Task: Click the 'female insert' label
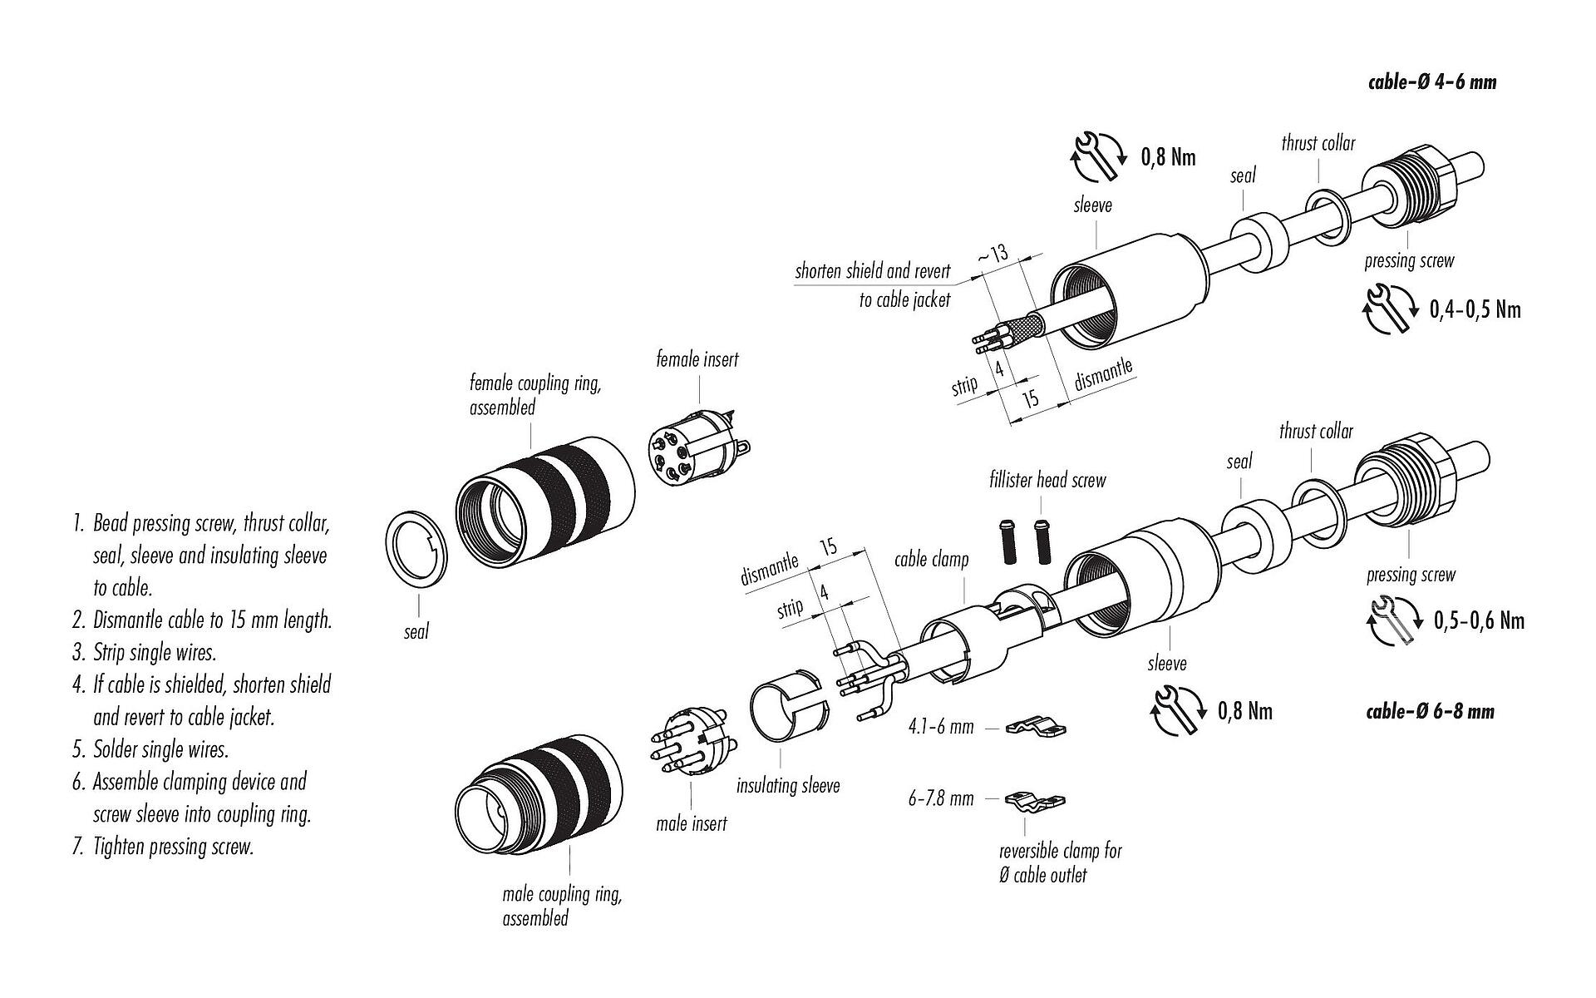click(697, 360)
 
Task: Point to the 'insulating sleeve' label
click(788, 785)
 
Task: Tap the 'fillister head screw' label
click(1047, 480)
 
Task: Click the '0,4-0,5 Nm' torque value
click(1475, 310)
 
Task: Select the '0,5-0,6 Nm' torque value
click(1479, 621)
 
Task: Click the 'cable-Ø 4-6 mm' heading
click(1431, 82)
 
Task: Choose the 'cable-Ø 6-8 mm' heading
click(1430, 712)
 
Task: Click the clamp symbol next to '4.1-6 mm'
click(1036, 729)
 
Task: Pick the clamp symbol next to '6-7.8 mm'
click(1036, 802)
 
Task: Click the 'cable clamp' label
click(931, 560)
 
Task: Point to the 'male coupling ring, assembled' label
click(562, 906)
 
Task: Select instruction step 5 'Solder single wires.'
click(150, 749)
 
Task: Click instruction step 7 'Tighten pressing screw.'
click(163, 847)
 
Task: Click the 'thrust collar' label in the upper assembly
click(1318, 143)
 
